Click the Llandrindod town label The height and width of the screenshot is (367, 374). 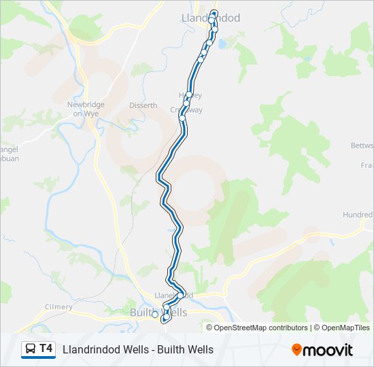(x=211, y=18)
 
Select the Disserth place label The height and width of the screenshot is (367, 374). (x=143, y=105)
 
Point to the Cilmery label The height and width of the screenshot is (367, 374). (x=58, y=307)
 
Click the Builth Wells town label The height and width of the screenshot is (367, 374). (x=158, y=312)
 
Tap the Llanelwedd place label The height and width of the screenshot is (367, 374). (x=174, y=295)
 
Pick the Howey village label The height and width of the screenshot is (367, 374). (x=190, y=95)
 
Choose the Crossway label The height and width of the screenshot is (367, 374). (x=186, y=110)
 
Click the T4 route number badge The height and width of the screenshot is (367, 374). (x=46, y=349)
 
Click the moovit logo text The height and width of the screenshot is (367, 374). (x=328, y=350)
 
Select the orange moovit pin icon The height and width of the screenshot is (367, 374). (x=296, y=350)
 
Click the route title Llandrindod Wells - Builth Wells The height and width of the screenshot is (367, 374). (x=138, y=349)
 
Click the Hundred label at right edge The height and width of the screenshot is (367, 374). (x=358, y=215)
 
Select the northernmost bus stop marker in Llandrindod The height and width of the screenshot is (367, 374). (x=215, y=14)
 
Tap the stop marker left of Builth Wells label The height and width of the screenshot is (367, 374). (x=155, y=314)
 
